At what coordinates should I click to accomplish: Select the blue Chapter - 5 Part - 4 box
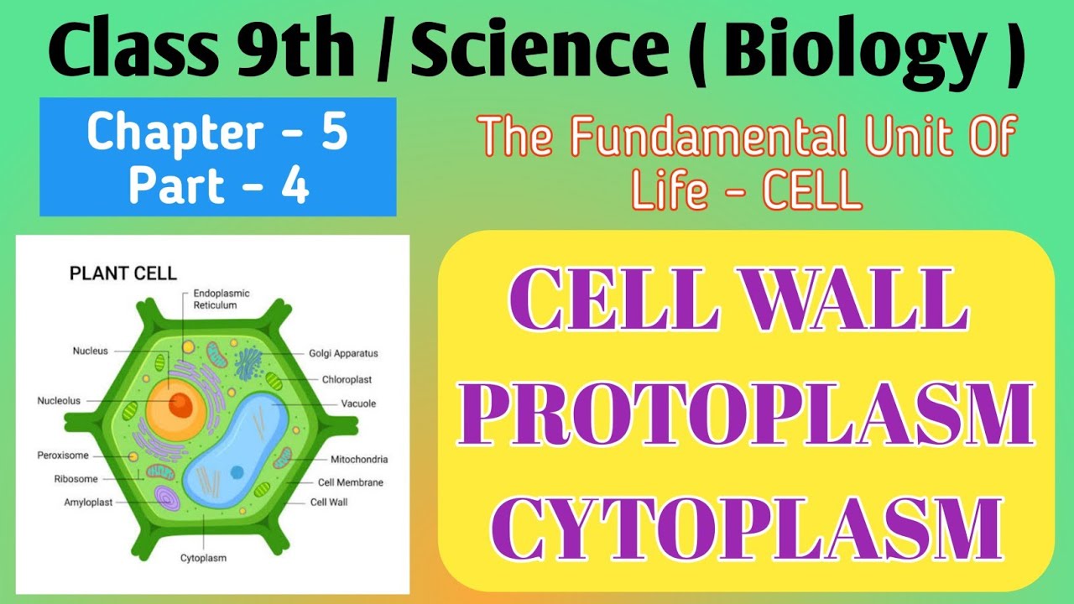coord(217,157)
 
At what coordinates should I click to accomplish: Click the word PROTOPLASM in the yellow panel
coord(746,415)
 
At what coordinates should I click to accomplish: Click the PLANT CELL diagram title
coord(123,273)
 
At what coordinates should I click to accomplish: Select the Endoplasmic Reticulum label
coord(221,299)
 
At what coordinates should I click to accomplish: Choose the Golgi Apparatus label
coord(343,354)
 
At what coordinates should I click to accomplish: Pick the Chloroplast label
coord(347,379)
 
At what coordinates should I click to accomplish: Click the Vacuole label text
coord(358,404)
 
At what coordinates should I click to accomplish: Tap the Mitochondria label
coord(358,460)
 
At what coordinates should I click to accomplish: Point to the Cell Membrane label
coord(350,482)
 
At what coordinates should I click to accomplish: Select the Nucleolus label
coord(59,401)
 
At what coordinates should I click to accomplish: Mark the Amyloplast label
coord(88,502)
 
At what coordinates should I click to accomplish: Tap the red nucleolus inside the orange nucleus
coord(180,405)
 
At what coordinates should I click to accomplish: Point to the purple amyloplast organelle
coord(166,499)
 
